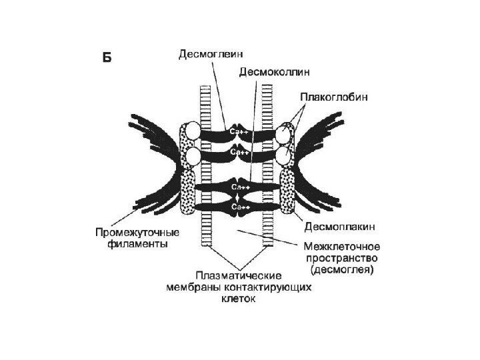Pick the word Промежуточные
pos(137,233)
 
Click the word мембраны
pos(193,288)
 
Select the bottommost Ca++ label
pos(240,207)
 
